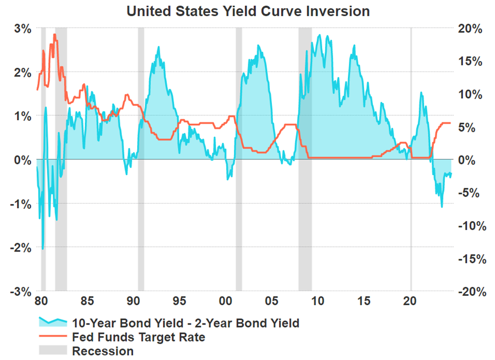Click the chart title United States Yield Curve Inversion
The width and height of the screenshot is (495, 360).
pos(248,11)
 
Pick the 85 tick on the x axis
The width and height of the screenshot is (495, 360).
pos(87,301)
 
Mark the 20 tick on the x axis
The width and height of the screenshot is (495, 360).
pos(411,301)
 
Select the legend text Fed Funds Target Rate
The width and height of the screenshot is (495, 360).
pos(138,337)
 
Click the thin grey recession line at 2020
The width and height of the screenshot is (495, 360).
pos(411,209)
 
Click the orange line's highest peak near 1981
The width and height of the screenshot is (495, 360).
pos(54,35)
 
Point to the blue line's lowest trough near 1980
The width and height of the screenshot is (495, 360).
pos(43,249)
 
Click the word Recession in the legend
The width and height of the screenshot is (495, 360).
pos(103,351)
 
